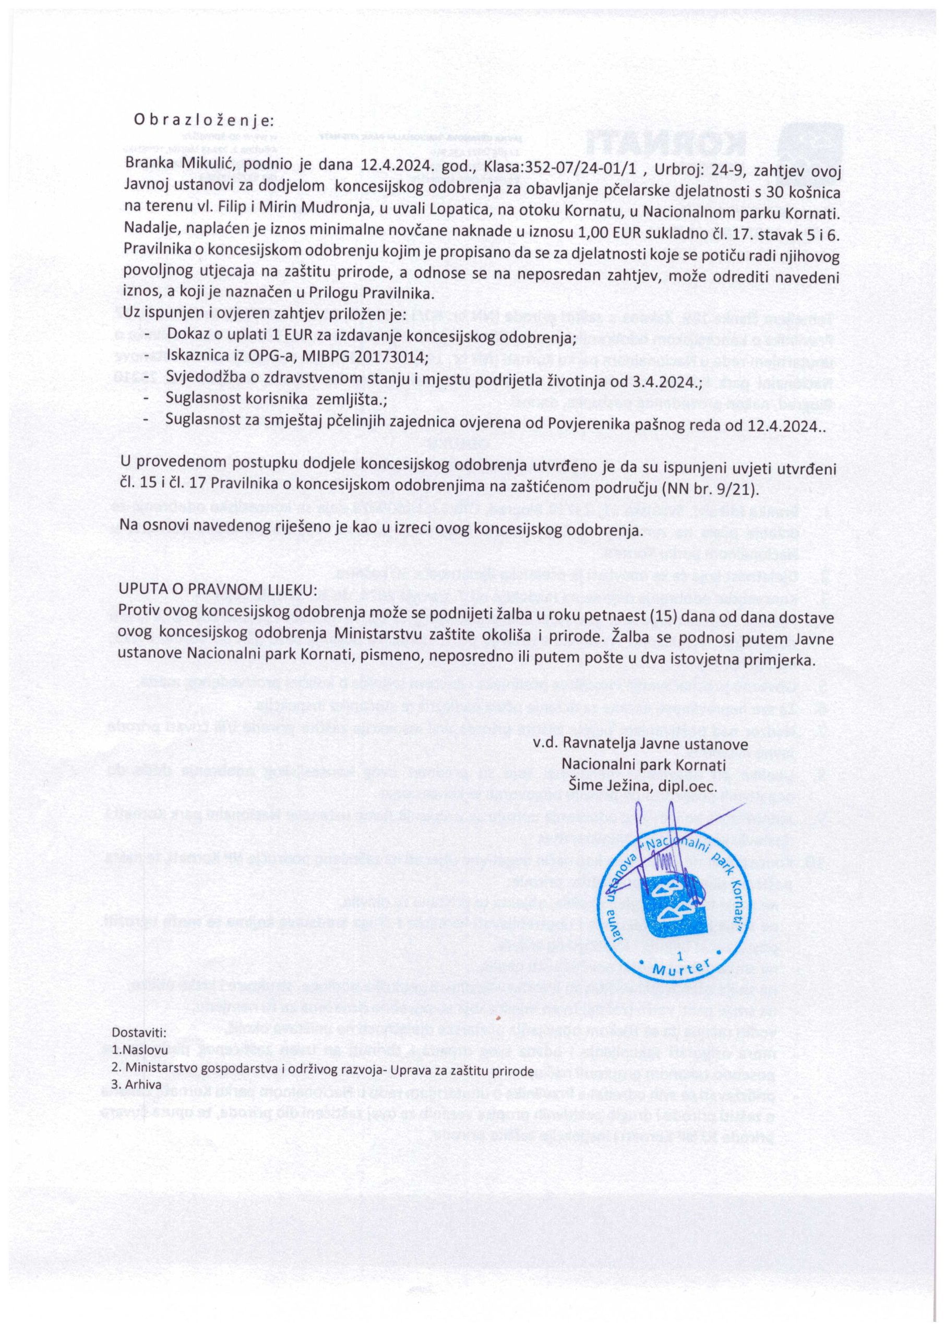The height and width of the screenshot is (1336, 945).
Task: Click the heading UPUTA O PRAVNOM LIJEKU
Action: (218, 590)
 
